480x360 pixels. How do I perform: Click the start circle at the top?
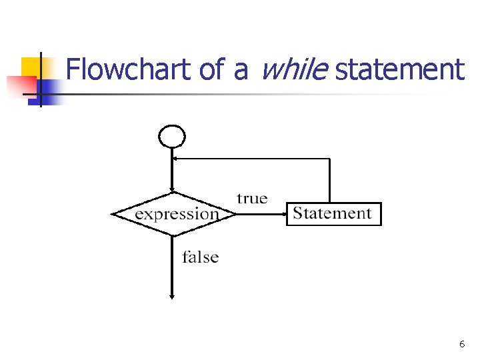pos(172,137)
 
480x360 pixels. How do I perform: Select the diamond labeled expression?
pos(173,214)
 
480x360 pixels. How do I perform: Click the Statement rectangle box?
pos(333,214)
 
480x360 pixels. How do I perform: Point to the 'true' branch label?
pos(252,198)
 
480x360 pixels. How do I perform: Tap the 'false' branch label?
pos(201,257)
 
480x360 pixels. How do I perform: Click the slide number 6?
pos(462,344)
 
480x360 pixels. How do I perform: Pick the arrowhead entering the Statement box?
pos(283,214)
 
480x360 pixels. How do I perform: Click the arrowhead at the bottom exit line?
pos(172,296)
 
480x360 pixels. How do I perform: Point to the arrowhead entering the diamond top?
pos(172,191)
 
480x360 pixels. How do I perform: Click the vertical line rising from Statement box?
pos(330,180)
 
